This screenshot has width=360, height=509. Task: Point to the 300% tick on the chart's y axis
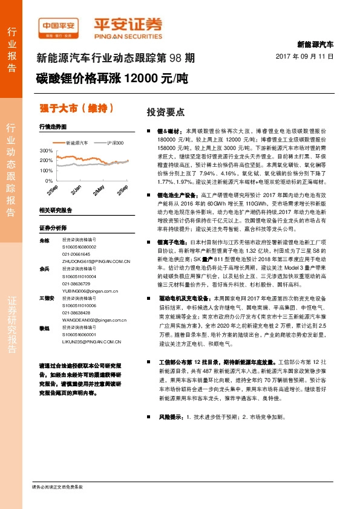click(x=45, y=150)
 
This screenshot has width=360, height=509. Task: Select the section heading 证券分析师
click(x=51, y=227)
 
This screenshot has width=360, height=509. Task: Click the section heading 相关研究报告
click(x=55, y=210)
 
